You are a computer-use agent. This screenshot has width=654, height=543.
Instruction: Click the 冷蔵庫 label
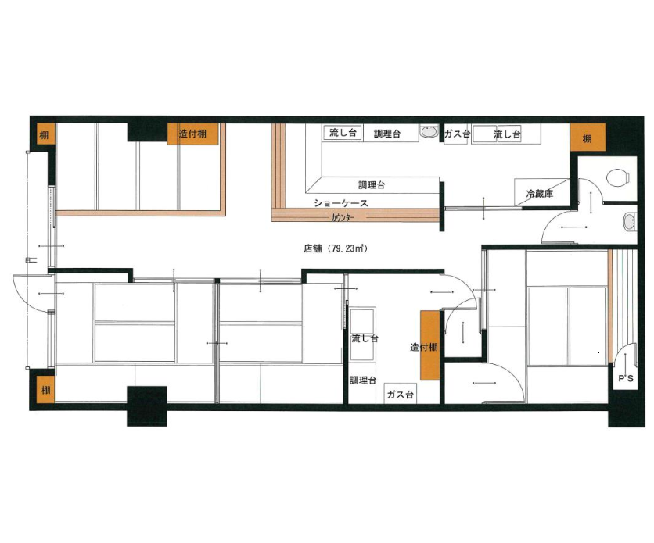coord(539,193)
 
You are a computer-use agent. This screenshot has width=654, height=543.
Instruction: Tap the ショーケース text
coord(341,203)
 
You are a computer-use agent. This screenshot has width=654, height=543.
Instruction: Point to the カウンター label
coord(343,217)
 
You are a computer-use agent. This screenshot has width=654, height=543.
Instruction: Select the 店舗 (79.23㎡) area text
coord(335,248)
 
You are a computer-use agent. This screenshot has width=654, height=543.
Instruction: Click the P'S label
coord(625,378)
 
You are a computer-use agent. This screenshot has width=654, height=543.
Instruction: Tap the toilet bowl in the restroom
coord(618,177)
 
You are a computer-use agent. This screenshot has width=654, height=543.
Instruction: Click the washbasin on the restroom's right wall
coord(628,222)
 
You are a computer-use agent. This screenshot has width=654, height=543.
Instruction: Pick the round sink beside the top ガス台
coord(429,132)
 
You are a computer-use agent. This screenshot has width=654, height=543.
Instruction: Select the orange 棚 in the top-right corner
coord(588,137)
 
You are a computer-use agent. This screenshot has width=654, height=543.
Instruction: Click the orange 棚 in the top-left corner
coord(45,134)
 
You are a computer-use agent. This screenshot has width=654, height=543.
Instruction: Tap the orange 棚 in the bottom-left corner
coord(45,389)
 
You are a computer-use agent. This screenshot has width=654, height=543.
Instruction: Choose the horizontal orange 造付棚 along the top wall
coord(192,134)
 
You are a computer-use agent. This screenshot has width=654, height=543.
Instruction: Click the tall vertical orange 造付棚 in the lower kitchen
coord(430,345)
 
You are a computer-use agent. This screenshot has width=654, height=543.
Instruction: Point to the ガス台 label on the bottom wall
coord(400,394)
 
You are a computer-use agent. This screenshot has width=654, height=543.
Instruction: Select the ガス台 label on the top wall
coord(457,134)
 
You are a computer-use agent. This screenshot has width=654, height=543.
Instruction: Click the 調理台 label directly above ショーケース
coord(372,185)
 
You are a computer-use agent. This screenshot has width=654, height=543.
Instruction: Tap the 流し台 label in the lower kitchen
coord(365,338)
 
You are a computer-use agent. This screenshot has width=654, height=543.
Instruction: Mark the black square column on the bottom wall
coord(147,406)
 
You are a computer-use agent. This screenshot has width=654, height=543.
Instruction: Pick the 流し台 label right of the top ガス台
coord(507,134)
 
